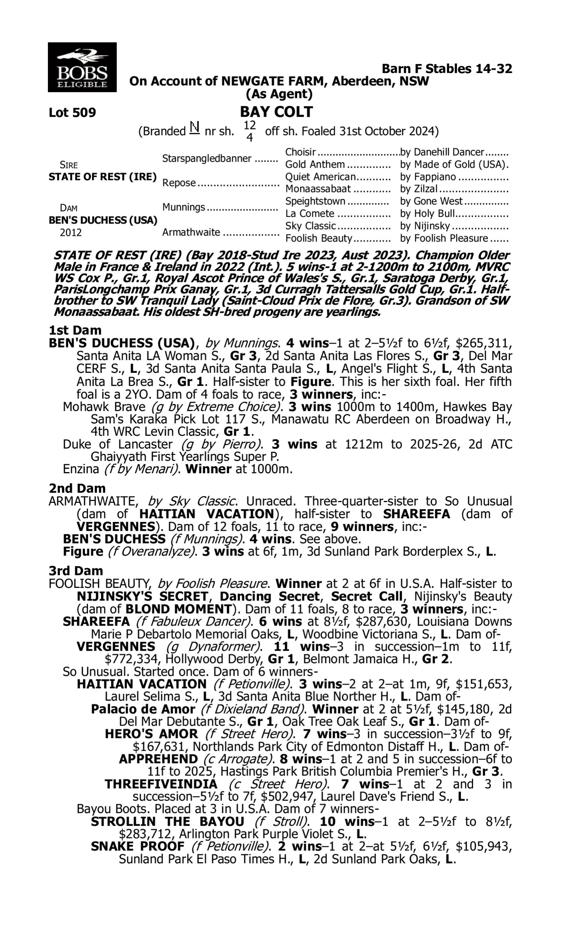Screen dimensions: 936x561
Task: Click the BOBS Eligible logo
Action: click(82, 67)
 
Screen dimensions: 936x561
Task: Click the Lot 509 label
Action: click(72, 113)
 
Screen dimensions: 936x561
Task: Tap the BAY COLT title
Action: click(276, 112)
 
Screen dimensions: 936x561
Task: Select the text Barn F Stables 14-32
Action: click(447, 69)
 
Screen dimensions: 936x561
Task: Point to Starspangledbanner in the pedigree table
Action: click(207, 158)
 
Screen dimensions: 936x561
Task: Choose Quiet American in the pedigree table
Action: click(321, 177)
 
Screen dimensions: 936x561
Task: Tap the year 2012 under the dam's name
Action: click(71, 232)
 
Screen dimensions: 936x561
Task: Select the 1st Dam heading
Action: click(75, 330)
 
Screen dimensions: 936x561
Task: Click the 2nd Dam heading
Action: click(77, 489)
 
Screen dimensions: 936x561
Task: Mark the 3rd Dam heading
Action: click(76, 571)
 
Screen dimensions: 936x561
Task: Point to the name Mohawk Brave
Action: click(104, 407)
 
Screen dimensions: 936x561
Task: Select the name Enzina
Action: click(81, 469)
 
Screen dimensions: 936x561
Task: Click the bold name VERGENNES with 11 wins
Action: click(116, 646)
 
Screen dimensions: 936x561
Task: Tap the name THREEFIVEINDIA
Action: click(161, 784)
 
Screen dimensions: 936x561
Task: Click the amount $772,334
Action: click(131, 659)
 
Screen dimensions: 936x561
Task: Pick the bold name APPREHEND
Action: click(158, 759)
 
